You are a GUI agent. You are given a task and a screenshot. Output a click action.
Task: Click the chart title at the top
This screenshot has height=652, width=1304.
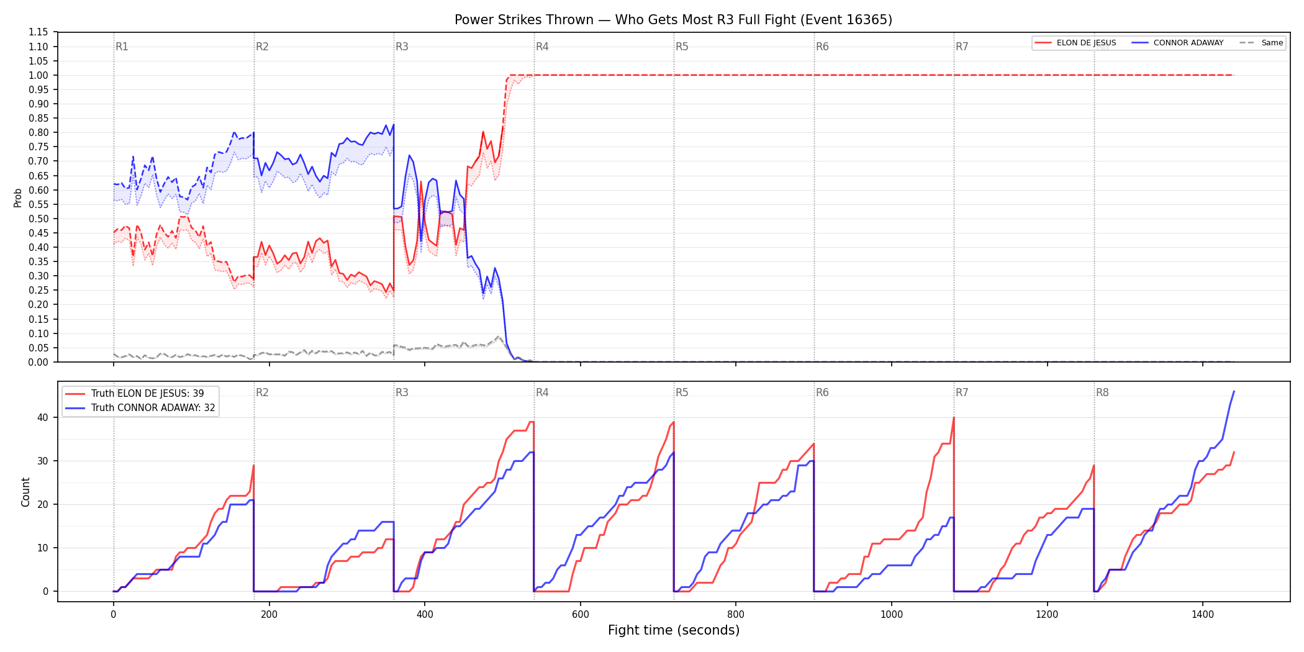click(673, 20)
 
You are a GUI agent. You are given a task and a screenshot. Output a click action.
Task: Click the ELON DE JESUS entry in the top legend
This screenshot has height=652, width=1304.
click(1075, 43)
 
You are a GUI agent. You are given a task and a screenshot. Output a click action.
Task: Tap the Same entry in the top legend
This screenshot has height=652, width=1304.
click(1261, 43)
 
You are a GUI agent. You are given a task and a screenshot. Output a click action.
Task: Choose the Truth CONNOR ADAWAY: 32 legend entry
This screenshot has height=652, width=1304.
click(140, 408)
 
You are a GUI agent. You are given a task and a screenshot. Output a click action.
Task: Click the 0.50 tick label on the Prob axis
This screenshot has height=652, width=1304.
click(38, 219)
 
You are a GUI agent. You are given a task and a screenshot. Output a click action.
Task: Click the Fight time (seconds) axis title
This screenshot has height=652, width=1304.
click(674, 630)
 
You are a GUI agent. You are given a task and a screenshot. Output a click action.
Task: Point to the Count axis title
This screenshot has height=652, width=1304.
click(25, 492)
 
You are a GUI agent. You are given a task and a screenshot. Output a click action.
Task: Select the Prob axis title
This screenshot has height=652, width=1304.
click(18, 197)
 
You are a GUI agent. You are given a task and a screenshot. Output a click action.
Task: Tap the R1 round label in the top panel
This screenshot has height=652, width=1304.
click(122, 47)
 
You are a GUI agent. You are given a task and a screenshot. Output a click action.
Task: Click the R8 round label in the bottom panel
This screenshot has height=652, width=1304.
click(1102, 392)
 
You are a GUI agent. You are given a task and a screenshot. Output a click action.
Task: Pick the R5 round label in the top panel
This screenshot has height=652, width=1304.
click(682, 47)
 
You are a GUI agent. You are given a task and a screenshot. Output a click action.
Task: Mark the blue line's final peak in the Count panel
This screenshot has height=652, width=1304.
click(1234, 391)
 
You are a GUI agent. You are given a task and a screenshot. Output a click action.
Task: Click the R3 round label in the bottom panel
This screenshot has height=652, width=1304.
click(402, 392)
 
